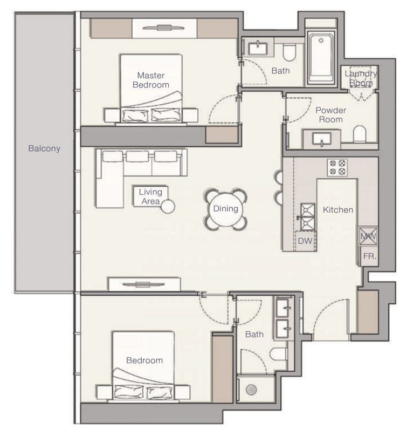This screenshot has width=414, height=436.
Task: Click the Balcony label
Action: pos(44,148)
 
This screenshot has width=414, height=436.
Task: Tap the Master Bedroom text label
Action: pos(150,80)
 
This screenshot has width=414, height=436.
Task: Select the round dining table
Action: pos(225,209)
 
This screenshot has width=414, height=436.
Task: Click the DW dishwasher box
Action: pos(305,241)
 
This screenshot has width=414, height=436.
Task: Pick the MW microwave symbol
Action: pos(368,236)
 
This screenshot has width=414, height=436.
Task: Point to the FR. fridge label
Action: pos(369,256)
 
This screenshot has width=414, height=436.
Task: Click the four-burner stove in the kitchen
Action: pos(337,167)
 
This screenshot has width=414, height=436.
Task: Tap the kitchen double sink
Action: pos(307,216)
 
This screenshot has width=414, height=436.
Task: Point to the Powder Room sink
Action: pos(321,139)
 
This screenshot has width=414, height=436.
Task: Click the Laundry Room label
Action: pos(361,78)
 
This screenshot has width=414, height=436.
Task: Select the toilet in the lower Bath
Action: pos(278,354)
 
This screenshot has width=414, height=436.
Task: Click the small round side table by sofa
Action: pos(168,207)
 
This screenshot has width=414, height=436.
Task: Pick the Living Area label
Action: pos(150,196)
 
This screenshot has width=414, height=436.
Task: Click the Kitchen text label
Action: pos(338,209)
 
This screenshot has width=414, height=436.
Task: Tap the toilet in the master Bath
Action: pos(290,52)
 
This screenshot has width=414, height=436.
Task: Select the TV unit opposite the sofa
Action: pos(143,284)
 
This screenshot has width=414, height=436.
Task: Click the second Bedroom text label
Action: pos(144,360)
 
